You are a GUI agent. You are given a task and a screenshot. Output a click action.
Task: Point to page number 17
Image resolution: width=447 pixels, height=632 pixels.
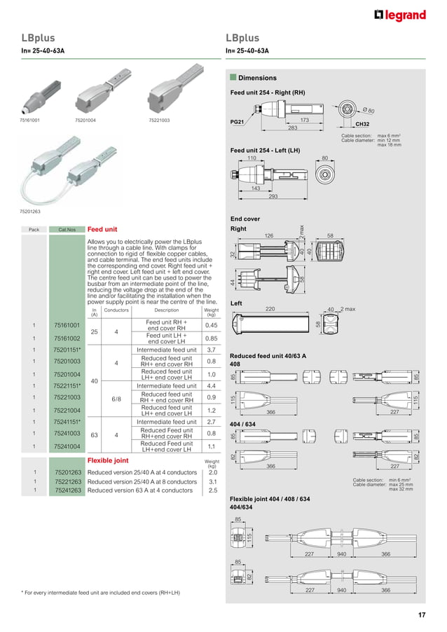tap(422, 615)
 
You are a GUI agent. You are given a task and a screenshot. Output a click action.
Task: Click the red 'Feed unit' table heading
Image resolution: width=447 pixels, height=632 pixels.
tap(102, 229)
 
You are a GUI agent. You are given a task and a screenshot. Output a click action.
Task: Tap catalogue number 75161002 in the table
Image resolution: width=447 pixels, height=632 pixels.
tap(67, 338)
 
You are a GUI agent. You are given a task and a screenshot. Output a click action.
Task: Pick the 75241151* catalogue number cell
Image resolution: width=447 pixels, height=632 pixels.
tap(67, 422)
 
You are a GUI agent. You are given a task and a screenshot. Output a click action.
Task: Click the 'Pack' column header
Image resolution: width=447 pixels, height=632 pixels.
tap(34, 230)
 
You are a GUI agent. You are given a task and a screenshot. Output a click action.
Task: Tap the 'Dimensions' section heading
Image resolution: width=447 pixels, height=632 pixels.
tap(257, 78)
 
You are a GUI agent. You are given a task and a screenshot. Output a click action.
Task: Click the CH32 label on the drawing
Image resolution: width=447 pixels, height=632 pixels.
tap(363, 123)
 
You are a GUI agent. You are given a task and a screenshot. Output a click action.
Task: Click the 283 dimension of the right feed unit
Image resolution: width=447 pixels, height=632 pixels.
tap(292, 128)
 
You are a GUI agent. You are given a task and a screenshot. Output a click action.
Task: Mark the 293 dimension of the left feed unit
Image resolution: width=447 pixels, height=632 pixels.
tap(273, 196)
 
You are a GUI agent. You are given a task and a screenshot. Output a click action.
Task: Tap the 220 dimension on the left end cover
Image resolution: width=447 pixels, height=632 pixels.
tap(270, 309)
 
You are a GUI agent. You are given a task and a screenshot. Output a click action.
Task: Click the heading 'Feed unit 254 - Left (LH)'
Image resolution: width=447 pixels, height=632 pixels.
tap(265, 151)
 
